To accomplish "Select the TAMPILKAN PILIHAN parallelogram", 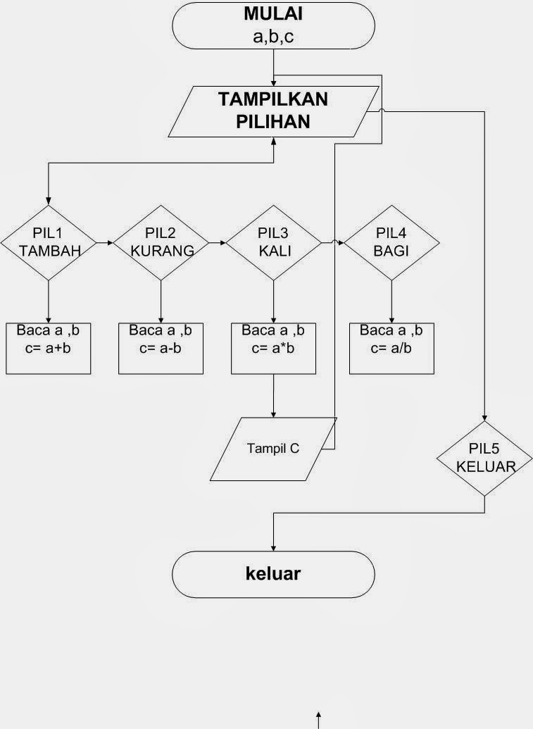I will [x=273, y=111].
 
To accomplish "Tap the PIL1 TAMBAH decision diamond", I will [x=48, y=243].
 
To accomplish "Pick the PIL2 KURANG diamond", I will [x=161, y=243].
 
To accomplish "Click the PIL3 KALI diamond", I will [x=273, y=243].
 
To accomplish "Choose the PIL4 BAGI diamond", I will [x=392, y=243].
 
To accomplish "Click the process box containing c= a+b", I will [x=49, y=348].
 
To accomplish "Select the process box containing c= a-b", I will [x=161, y=348].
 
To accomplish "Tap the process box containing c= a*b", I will [x=273, y=348].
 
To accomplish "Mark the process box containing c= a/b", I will [x=391, y=348].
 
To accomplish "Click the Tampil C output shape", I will [x=273, y=449].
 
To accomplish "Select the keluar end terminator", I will [x=273, y=573].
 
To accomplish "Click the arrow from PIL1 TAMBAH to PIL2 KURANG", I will [x=104, y=243].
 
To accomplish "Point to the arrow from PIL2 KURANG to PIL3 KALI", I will [x=217, y=243].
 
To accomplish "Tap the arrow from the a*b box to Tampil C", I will [x=273, y=396].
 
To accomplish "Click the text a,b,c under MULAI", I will [x=273, y=37].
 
